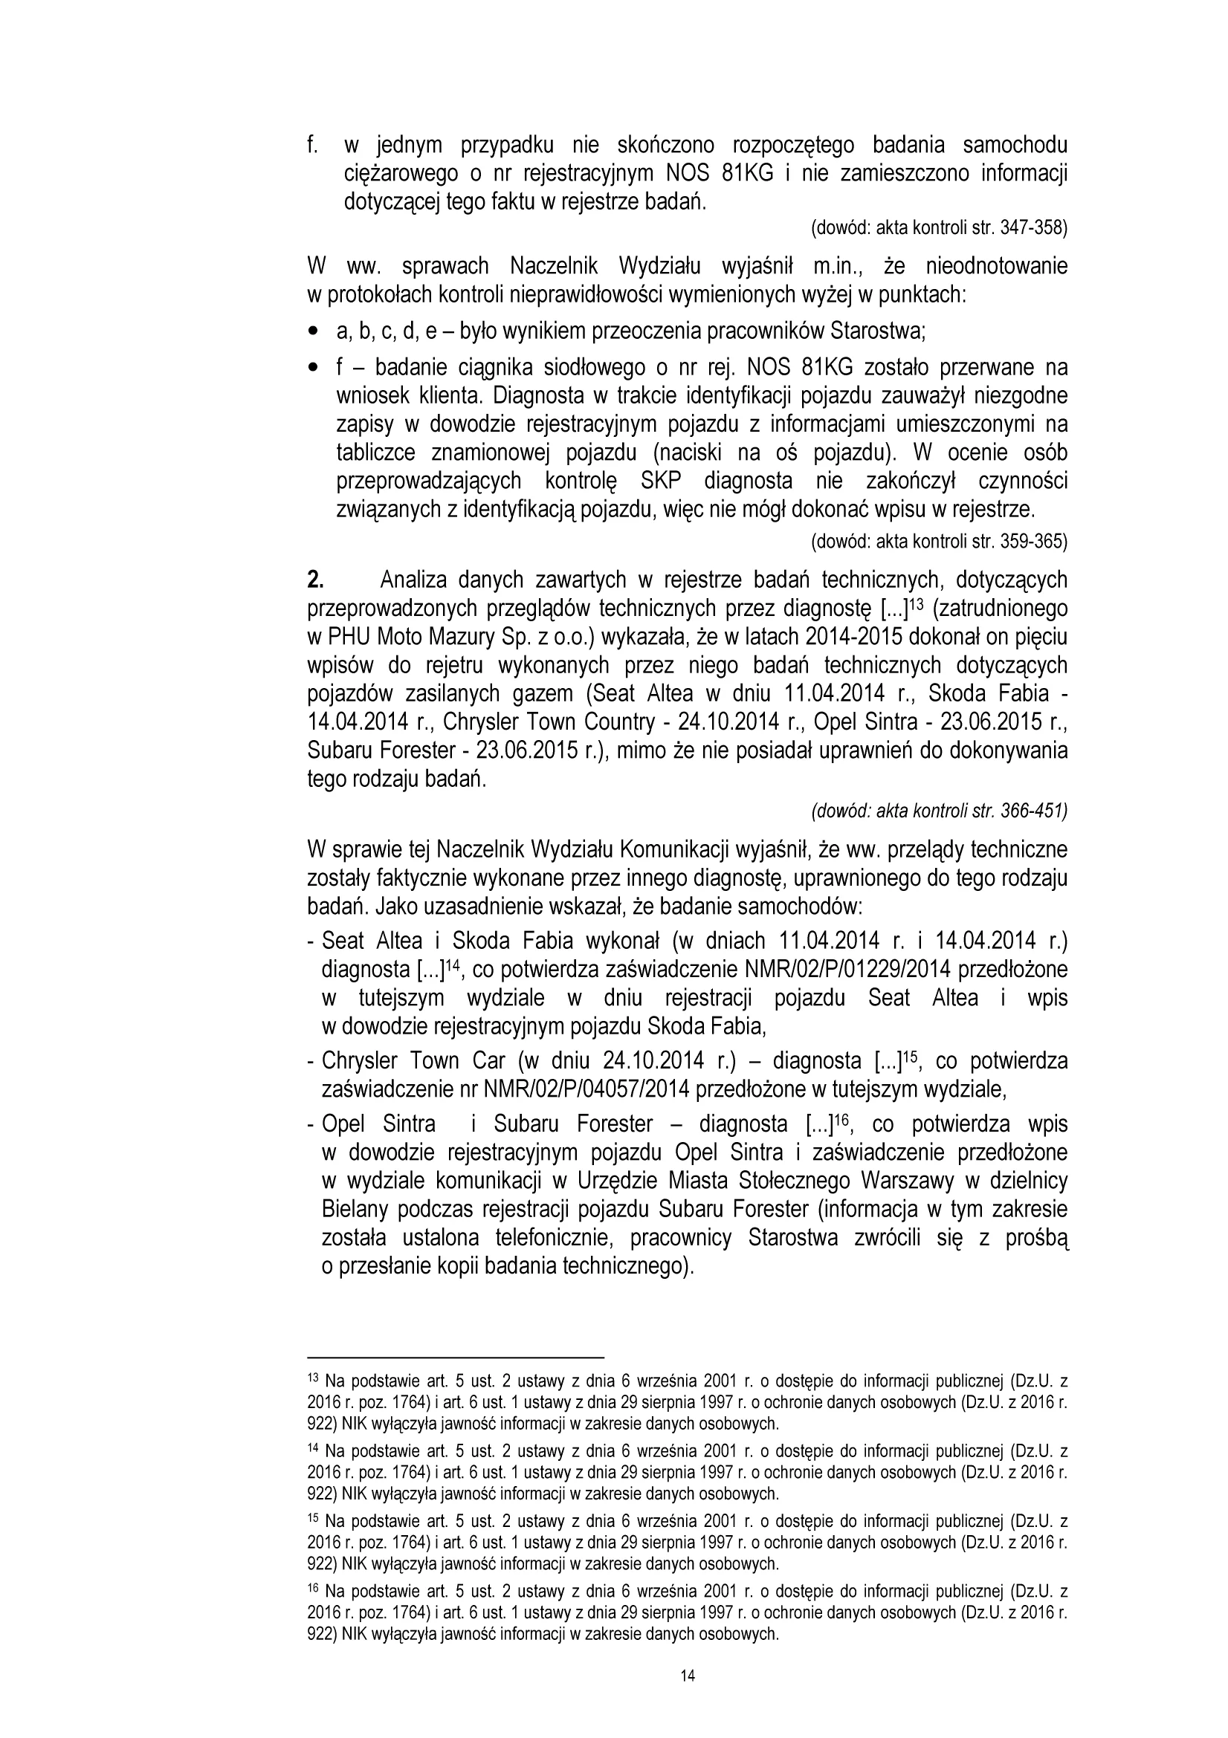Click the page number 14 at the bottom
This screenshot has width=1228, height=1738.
(687, 1675)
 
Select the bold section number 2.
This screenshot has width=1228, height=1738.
(316, 580)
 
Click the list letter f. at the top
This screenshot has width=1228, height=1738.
(312, 145)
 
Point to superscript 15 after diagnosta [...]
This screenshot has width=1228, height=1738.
(914, 1056)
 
